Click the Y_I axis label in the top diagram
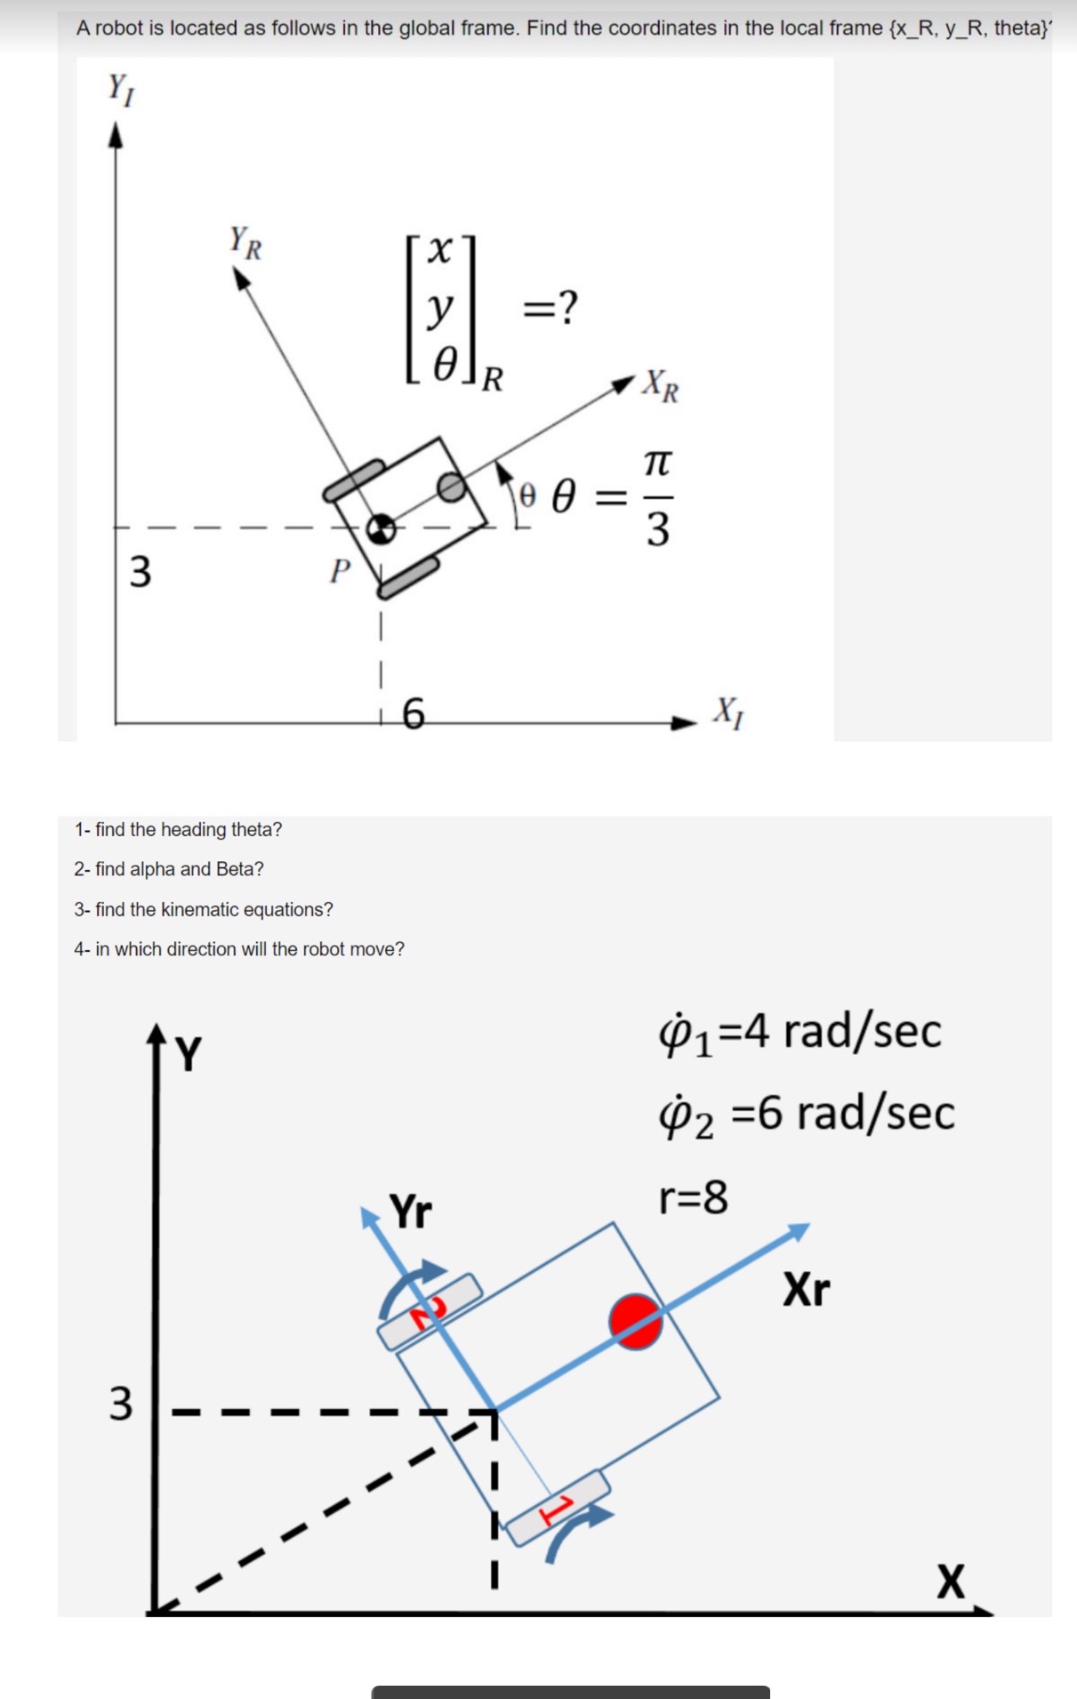pyautogui.click(x=120, y=89)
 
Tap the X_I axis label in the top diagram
pyautogui.click(x=728, y=712)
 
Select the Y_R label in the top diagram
pyautogui.click(x=245, y=242)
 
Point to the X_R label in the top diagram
pyautogui.click(x=661, y=385)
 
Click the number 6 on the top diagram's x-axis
pyautogui.click(x=414, y=713)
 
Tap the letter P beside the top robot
pyautogui.click(x=340, y=570)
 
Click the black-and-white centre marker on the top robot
pyautogui.click(x=382, y=527)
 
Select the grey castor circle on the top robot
pyautogui.click(x=453, y=486)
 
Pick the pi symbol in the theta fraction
pyautogui.click(x=657, y=463)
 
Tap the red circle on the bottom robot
pyautogui.click(x=635, y=1321)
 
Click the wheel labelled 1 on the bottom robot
pyautogui.click(x=559, y=1507)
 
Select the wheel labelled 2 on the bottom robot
pyautogui.click(x=430, y=1311)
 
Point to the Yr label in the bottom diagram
pyautogui.click(x=411, y=1212)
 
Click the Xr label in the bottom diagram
pyautogui.click(x=806, y=1289)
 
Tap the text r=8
pyautogui.click(x=693, y=1197)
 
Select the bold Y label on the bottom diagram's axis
pyautogui.click(x=189, y=1054)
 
